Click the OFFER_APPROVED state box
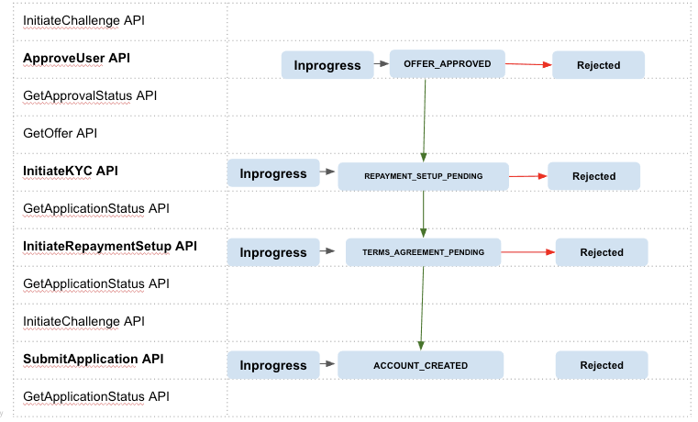tap(447, 64)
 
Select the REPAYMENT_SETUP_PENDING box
tap(423, 176)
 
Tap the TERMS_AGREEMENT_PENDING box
tap(423, 252)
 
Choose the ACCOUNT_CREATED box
tap(420, 365)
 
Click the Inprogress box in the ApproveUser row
tap(327, 65)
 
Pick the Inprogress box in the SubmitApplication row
tap(272, 365)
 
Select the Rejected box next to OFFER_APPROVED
tap(598, 65)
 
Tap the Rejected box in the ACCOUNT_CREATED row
tap(602, 365)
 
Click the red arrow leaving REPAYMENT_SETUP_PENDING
tap(527, 175)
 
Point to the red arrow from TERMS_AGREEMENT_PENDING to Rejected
tap(526, 251)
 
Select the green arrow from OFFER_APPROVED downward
tap(425, 119)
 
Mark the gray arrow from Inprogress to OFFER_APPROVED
tap(382, 65)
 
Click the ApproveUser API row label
tap(76, 58)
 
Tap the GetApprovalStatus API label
tap(90, 95)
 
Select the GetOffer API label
tap(60, 133)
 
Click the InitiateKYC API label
tap(70, 171)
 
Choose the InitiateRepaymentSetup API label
tap(109, 246)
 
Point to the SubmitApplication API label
tap(93, 359)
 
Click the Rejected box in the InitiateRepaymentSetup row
tap(601, 252)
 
